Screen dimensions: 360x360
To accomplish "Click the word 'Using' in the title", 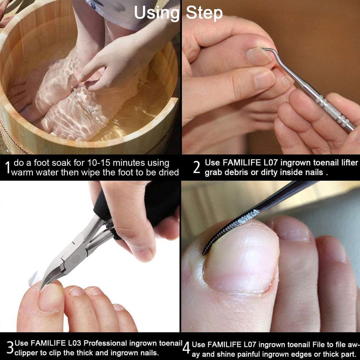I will click(156, 13).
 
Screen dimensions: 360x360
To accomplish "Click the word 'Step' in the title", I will click(204, 13).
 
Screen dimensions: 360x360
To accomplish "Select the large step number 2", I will click(197, 167).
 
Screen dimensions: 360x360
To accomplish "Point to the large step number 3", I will click(10, 347).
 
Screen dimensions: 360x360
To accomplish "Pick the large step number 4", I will click(186, 348).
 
